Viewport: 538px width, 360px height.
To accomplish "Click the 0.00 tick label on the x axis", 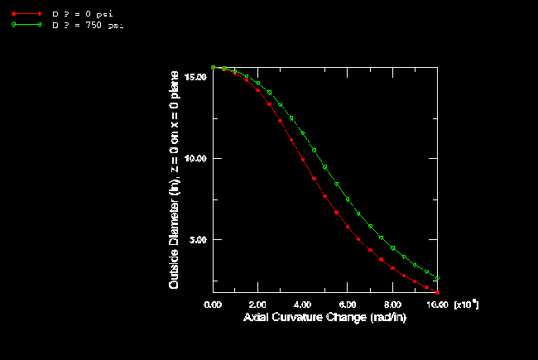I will coord(214,305).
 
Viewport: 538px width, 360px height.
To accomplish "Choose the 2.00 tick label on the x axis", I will coord(258,305).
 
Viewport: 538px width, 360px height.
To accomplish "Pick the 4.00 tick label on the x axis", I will coord(303,305).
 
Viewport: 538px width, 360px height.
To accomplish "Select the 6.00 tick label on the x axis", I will coord(348,305).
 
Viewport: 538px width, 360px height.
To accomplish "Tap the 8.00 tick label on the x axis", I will coord(392,305).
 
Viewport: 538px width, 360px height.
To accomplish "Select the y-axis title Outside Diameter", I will coord(175,179).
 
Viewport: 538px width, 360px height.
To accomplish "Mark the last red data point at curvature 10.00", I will coord(437,292).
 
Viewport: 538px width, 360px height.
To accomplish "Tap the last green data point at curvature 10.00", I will coord(437,278).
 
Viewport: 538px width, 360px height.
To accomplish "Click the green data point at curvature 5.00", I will coord(325,167).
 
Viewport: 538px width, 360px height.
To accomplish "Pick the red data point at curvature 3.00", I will coord(281,121).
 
